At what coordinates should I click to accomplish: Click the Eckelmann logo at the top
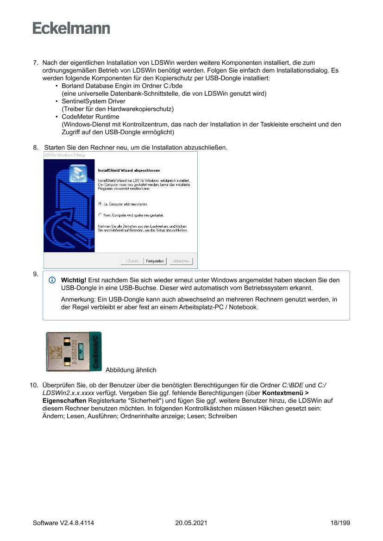pos(71,28)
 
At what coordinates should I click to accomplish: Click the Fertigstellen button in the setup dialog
pos(155,261)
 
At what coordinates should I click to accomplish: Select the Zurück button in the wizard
pos(131,261)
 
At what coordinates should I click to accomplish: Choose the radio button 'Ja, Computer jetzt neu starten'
pos(100,203)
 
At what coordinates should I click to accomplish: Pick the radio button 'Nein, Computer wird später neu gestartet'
pos(100,215)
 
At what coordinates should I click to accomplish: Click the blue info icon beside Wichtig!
pos(52,280)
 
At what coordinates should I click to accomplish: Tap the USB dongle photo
pos(74,351)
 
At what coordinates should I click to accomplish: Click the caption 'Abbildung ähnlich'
pos(131,370)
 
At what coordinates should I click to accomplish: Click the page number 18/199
pos(340,523)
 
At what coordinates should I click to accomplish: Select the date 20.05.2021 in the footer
pos(191,523)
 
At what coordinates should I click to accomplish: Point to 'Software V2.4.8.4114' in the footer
pos(63,523)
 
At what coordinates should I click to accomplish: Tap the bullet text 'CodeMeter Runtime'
pos(90,117)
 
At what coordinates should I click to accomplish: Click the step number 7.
pos(35,62)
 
